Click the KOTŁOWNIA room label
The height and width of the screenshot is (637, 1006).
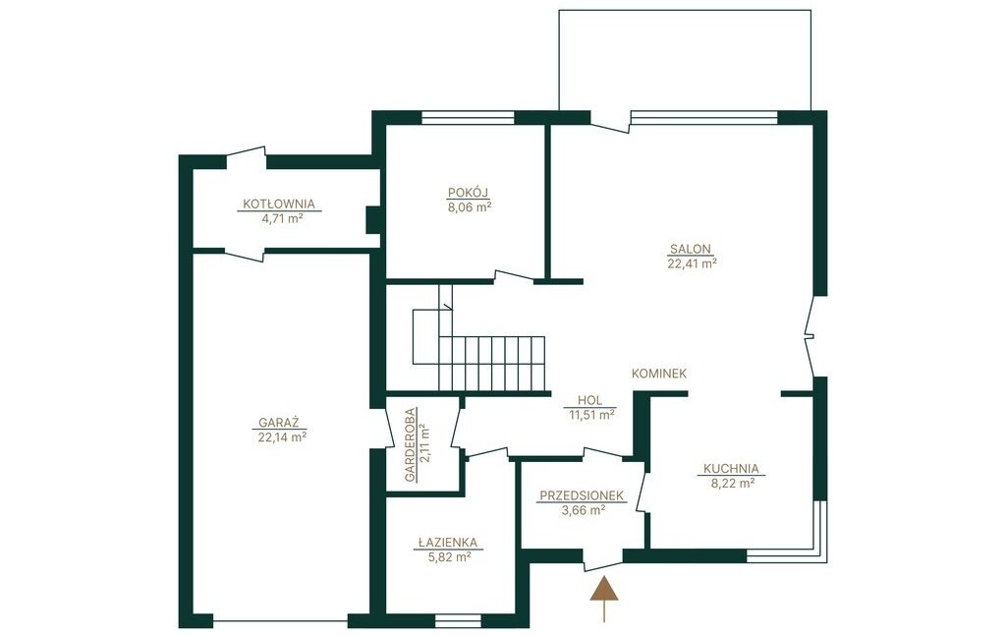279,204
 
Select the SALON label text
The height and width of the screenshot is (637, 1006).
691,249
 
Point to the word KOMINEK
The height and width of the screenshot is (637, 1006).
659,374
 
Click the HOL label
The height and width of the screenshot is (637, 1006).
589,401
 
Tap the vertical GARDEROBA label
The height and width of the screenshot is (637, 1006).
411,444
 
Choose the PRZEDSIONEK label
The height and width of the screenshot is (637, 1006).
582,495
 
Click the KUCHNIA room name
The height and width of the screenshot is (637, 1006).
731,469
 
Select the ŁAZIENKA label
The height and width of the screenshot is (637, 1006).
447,544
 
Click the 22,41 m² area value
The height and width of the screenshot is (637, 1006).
692,262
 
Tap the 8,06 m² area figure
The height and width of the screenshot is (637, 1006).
470,206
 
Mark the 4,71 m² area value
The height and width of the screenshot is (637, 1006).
282,218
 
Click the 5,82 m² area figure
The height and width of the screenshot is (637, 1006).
450,557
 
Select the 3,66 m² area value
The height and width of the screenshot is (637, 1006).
584,510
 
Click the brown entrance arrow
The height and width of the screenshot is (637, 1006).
604,599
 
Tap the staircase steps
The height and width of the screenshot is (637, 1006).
492,363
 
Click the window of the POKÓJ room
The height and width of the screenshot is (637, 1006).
469,118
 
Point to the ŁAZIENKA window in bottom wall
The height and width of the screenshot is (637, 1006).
458,621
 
